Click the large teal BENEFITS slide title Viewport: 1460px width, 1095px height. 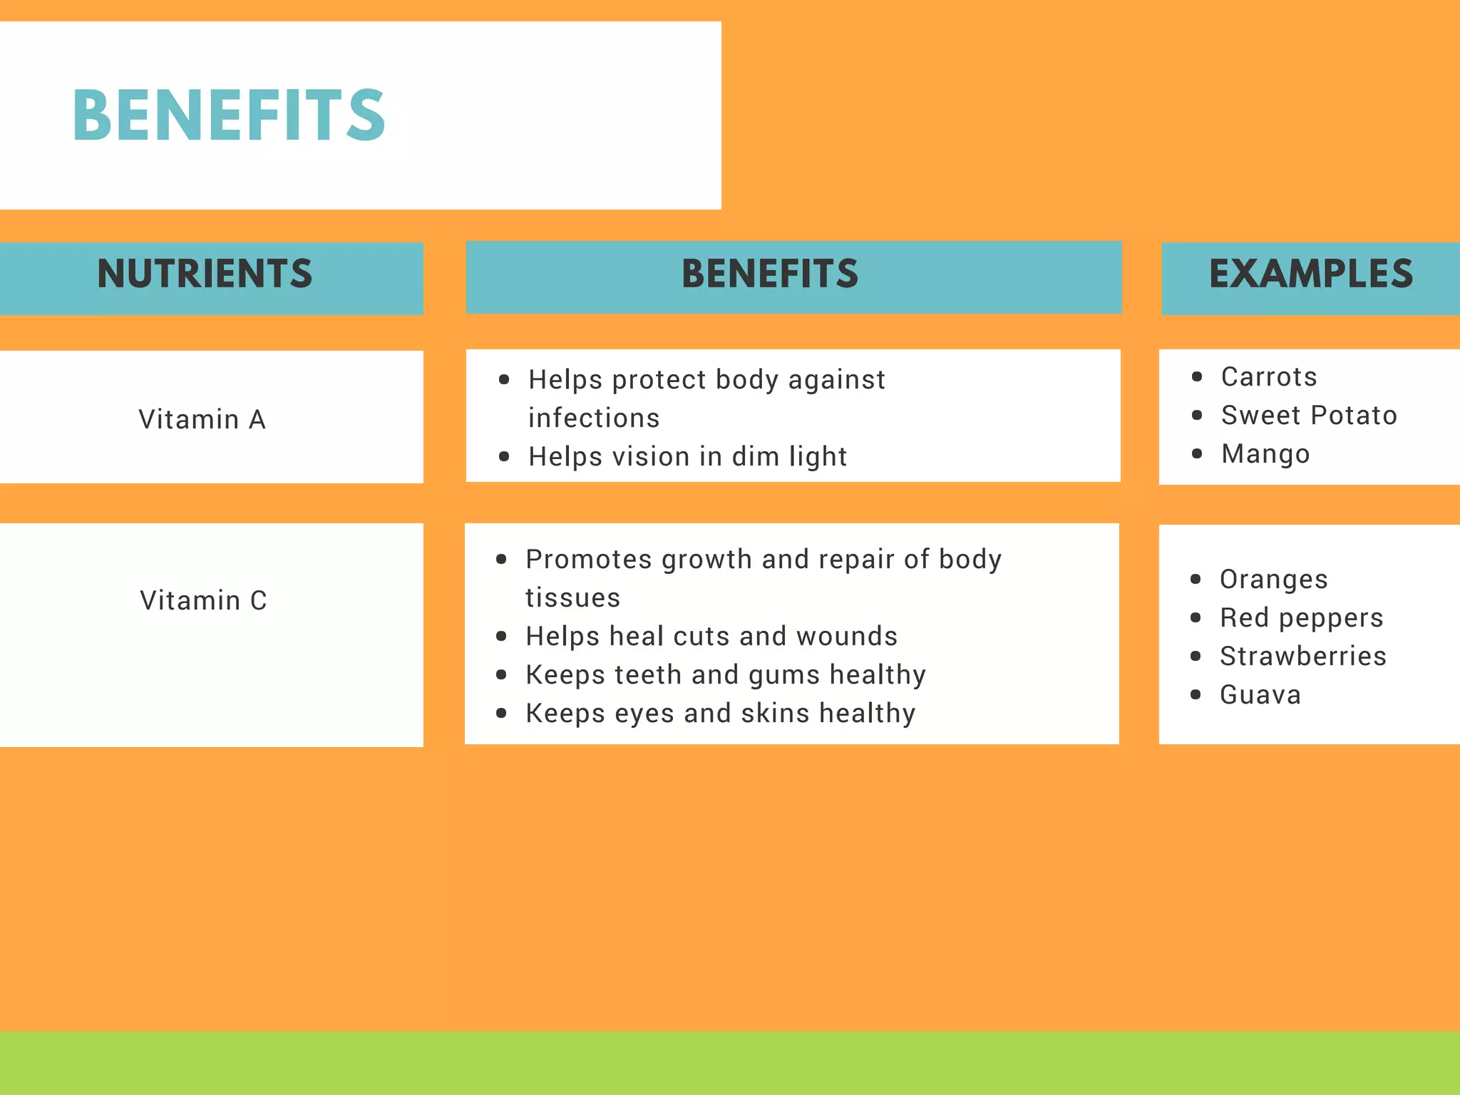click(x=229, y=115)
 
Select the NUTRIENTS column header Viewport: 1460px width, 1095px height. click(x=205, y=274)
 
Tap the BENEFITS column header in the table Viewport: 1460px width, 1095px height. click(x=770, y=274)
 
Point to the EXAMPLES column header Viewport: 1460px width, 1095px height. click(x=1310, y=274)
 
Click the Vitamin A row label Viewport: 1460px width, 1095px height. click(x=202, y=419)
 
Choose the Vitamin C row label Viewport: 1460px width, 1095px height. click(x=203, y=600)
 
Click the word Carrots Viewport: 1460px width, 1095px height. click(x=1269, y=376)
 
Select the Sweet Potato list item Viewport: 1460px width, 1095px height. click(x=1309, y=415)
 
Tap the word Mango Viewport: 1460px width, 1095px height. click(x=1265, y=454)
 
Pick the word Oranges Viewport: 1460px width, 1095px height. click(x=1274, y=579)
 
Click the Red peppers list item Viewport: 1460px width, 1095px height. click(x=1301, y=617)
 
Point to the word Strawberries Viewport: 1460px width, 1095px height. click(x=1303, y=656)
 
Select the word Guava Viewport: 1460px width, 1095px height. click(x=1260, y=694)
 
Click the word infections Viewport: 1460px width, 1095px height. click(x=594, y=418)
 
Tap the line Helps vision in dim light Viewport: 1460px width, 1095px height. click(x=687, y=456)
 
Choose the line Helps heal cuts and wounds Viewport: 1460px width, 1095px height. click(x=711, y=636)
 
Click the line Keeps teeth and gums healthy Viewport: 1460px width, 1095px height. click(x=726, y=674)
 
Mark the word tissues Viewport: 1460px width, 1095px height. click(x=572, y=597)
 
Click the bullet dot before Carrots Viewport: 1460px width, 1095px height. click(x=1197, y=376)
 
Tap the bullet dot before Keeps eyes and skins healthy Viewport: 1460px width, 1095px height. click(x=502, y=713)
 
